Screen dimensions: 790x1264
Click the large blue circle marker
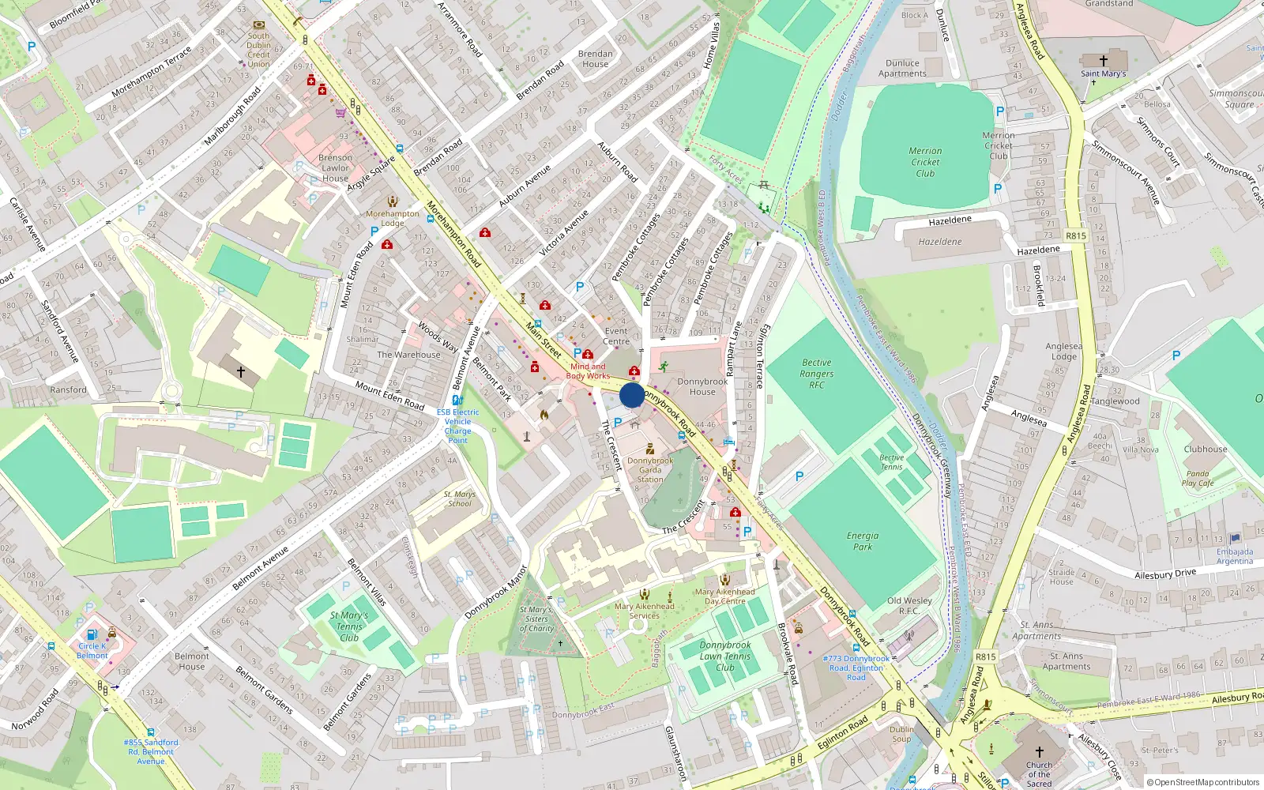(x=632, y=395)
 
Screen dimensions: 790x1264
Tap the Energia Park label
(x=862, y=541)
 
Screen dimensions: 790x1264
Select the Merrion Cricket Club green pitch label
(x=925, y=162)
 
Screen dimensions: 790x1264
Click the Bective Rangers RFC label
(x=816, y=374)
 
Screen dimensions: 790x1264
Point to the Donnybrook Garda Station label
(x=650, y=470)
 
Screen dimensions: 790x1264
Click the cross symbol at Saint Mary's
(x=1104, y=61)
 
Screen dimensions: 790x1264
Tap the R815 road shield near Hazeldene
(x=1075, y=235)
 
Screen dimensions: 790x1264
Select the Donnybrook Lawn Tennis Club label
(x=724, y=656)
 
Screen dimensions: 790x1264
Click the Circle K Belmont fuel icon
(x=92, y=635)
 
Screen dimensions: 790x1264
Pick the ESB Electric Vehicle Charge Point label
(x=457, y=426)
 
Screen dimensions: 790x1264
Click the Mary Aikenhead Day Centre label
(x=724, y=596)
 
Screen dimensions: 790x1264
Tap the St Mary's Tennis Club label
(x=348, y=626)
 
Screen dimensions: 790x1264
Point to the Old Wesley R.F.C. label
(x=909, y=605)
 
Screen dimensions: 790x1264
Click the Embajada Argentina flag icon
(x=1235, y=539)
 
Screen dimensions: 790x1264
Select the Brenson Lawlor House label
(x=335, y=167)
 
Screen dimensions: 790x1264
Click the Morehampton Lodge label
(x=393, y=218)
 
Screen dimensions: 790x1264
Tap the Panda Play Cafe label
(x=1197, y=479)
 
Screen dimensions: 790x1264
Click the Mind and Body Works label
(x=588, y=371)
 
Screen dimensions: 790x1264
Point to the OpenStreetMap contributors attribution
(x=1203, y=782)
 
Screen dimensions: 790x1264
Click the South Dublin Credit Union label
(x=258, y=50)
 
